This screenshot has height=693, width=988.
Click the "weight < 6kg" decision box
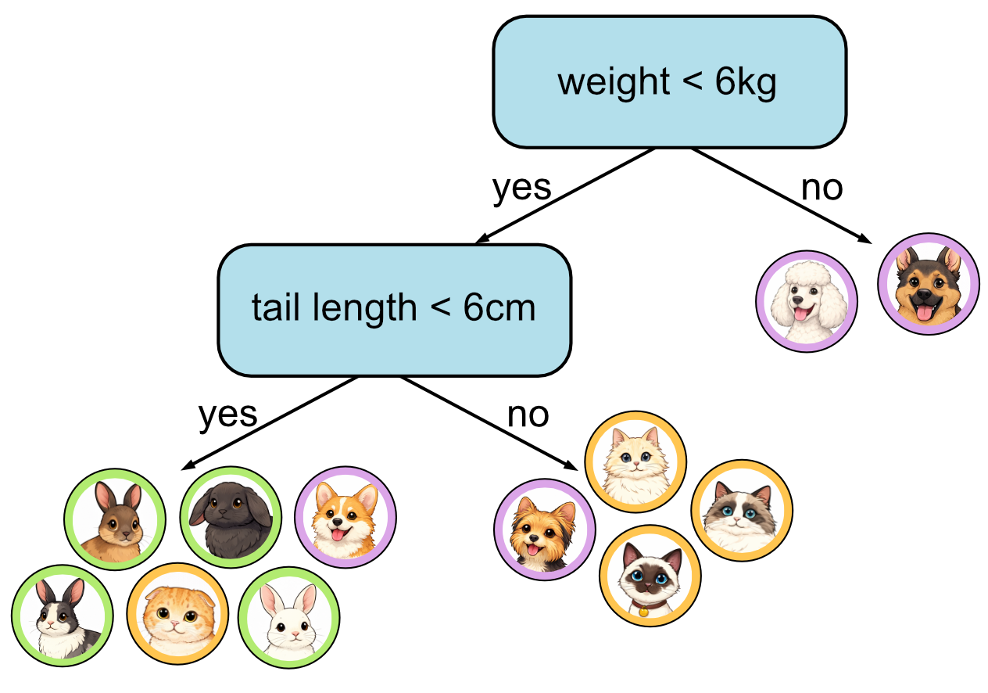click(x=668, y=82)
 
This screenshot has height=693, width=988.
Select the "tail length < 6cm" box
click(x=394, y=309)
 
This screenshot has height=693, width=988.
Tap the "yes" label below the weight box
click(x=522, y=188)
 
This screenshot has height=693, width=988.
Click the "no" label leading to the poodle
click(x=822, y=188)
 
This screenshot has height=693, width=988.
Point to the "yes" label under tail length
click(x=227, y=414)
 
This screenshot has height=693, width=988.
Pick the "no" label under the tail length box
click(x=528, y=414)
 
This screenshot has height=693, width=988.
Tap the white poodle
click(x=807, y=301)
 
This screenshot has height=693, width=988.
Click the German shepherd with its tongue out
click(x=928, y=284)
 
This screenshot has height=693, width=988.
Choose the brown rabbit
click(x=115, y=519)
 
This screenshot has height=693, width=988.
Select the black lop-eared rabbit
click(x=231, y=517)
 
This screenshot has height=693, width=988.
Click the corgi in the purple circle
click(x=345, y=517)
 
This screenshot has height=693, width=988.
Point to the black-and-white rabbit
click(x=63, y=616)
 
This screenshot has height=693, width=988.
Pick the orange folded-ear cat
click(x=177, y=616)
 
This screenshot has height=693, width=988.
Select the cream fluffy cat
click(x=635, y=462)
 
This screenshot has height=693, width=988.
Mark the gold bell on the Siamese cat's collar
click(x=643, y=612)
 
